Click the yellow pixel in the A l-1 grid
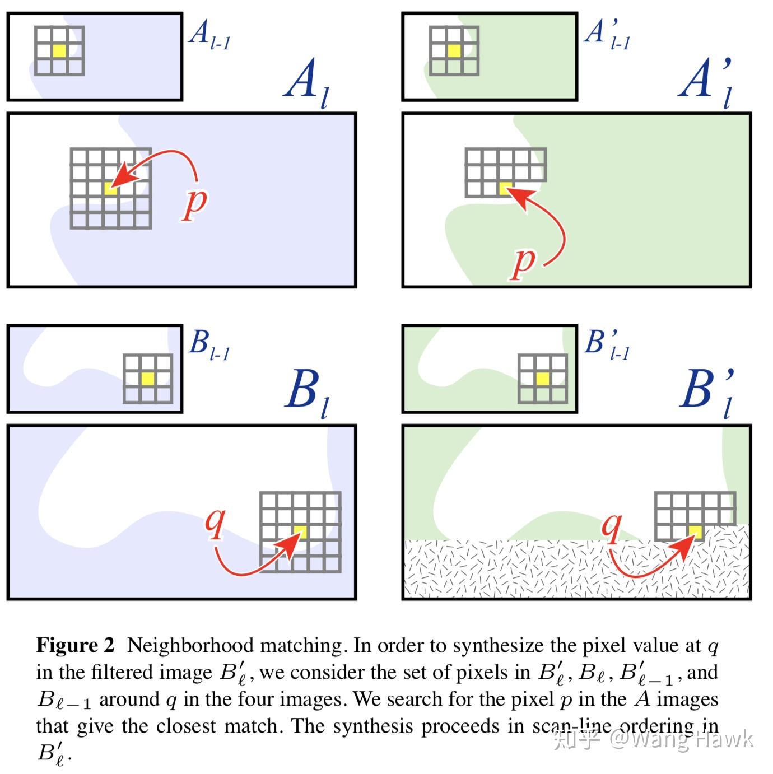pos(59,51)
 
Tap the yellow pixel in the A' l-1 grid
pos(454,51)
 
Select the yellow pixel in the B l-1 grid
pos(147,379)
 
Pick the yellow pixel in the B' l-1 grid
pos(542,379)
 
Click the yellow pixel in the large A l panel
pos(111,188)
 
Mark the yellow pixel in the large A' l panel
pos(506,188)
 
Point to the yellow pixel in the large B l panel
pos(300,531)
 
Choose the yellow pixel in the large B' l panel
pos(695,531)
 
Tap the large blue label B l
pos(307,392)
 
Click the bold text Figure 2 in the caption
pos(75,646)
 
